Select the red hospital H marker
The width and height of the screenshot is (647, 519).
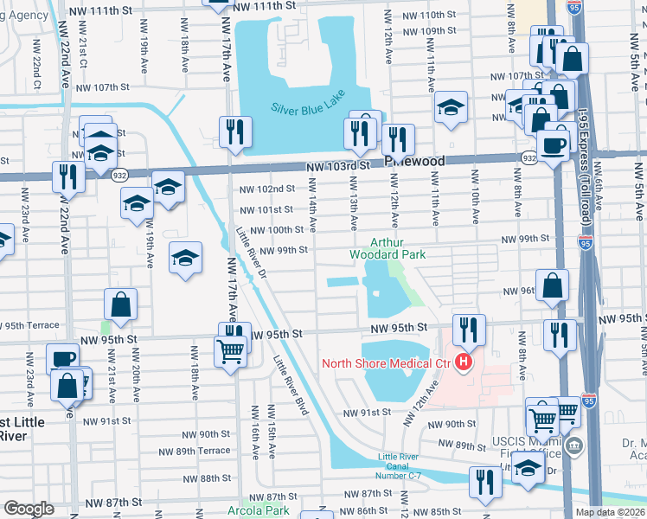pos(464,362)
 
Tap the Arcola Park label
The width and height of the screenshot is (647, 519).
pos(266,510)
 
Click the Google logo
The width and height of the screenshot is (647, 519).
pos(29,509)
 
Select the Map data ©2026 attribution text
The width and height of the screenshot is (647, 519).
pos(610,512)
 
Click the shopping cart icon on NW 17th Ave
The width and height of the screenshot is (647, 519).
pos(230,351)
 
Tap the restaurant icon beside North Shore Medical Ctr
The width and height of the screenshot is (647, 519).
pos(468,330)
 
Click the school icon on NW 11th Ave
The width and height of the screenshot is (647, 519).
pos(450,108)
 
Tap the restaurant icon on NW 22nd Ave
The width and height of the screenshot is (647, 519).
pos(67,176)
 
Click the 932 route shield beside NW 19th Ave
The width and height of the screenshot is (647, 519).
pos(119,176)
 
